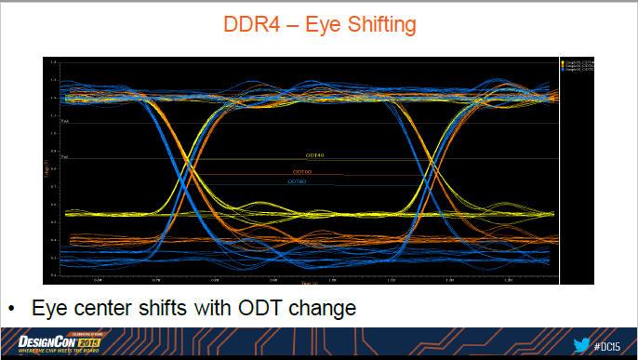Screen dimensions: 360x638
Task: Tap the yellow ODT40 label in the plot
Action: (x=314, y=155)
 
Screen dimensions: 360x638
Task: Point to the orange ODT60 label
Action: (x=302, y=172)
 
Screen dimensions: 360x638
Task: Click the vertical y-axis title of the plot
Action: (x=48, y=168)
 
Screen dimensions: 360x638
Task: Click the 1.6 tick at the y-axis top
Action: (x=54, y=62)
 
